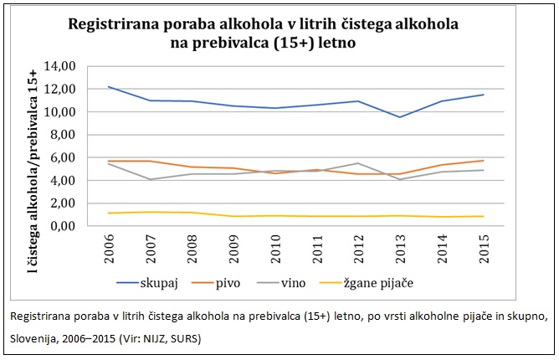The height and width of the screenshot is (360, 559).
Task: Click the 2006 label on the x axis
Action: (x=110, y=247)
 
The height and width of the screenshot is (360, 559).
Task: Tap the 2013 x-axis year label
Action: (x=400, y=247)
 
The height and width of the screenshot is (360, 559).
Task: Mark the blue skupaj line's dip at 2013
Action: (x=400, y=117)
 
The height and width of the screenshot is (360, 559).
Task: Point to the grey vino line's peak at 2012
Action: (x=360, y=163)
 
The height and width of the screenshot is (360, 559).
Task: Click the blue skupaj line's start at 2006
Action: (x=110, y=86)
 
